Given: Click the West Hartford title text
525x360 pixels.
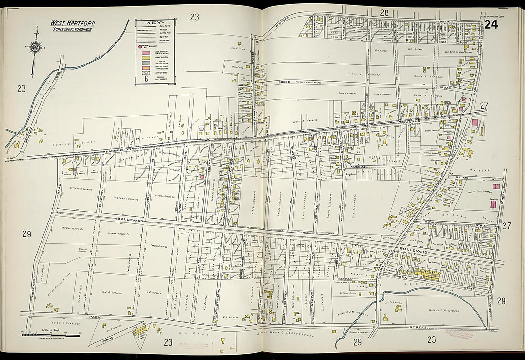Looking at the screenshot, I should [73, 23].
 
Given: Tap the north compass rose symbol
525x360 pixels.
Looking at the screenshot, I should [35, 47].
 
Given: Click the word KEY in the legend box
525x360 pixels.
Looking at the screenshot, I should [155, 23].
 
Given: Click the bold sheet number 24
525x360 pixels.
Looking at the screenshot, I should [491, 25].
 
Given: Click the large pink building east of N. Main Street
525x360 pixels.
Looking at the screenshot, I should [475, 123].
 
